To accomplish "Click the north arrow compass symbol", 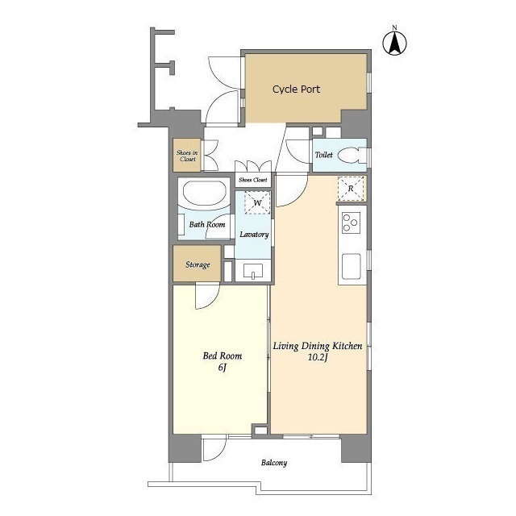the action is [x=394, y=43].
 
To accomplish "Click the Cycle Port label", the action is [x=296, y=89].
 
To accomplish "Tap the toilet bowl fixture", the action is [x=349, y=156].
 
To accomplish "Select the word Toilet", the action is [x=324, y=155].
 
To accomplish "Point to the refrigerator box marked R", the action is [x=351, y=189].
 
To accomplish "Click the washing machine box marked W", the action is [x=257, y=202].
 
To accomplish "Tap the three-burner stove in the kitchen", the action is [x=352, y=223].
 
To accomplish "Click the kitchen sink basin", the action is [x=352, y=266].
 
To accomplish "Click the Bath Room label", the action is [x=207, y=224].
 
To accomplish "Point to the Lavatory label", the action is [x=254, y=235].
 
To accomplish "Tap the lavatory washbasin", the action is [x=253, y=271].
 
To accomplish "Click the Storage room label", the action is [x=198, y=264].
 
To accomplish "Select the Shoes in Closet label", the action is [x=187, y=156].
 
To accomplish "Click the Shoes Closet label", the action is [x=253, y=180].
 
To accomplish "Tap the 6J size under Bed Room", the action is [x=223, y=368].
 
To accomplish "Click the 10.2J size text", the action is [x=317, y=357].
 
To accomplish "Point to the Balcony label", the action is [x=274, y=463].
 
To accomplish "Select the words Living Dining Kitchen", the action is [x=318, y=346].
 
